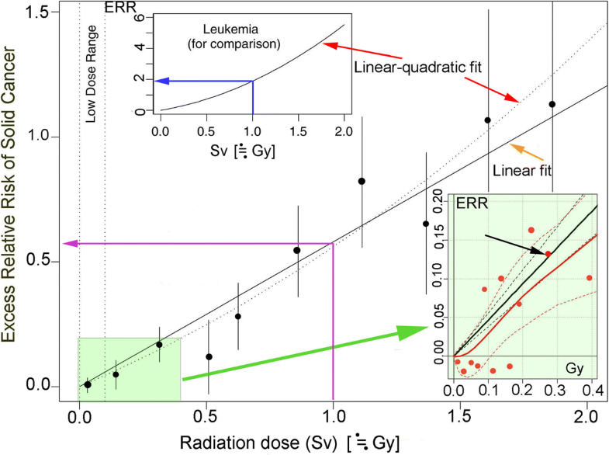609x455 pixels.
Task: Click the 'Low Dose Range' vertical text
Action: click(x=91, y=69)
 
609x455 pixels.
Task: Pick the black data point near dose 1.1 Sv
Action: click(x=362, y=181)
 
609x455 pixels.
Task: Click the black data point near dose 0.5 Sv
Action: click(x=209, y=356)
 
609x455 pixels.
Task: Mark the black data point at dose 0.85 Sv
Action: click(x=297, y=250)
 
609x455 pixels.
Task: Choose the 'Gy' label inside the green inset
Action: click(x=574, y=365)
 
